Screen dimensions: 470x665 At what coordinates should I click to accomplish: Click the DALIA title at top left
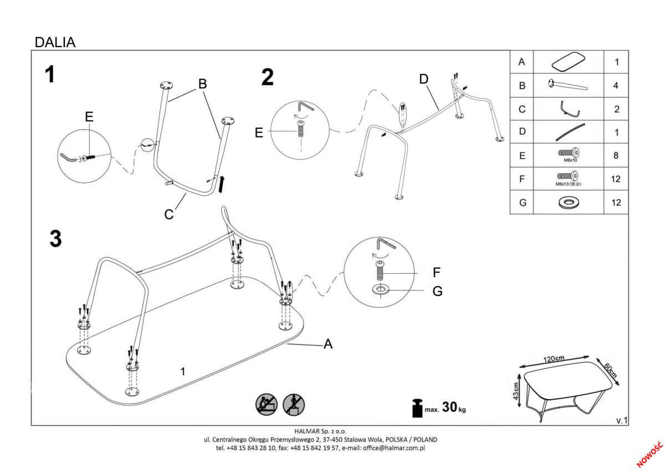click(x=55, y=42)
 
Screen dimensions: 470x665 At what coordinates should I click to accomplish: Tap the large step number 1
click(x=50, y=74)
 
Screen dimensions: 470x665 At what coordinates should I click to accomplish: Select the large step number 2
click(x=268, y=78)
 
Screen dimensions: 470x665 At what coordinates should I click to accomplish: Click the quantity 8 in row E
click(x=616, y=156)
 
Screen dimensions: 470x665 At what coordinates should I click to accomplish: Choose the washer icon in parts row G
click(x=568, y=202)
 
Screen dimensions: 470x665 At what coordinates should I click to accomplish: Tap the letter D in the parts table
click(x=521, y=132)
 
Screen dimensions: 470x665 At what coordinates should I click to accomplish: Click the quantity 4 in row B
click(x=616, y=85)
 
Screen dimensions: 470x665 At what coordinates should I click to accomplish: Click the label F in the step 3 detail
click(x=436, y=273)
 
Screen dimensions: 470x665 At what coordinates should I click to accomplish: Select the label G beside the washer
click(x=437, y=291)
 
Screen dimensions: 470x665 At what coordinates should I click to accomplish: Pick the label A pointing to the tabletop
click(x=328, y=344)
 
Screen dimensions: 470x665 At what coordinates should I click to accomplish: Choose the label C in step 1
click(x=170, y=213)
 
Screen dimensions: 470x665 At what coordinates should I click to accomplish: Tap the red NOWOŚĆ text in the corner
click(x=649, y=453)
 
